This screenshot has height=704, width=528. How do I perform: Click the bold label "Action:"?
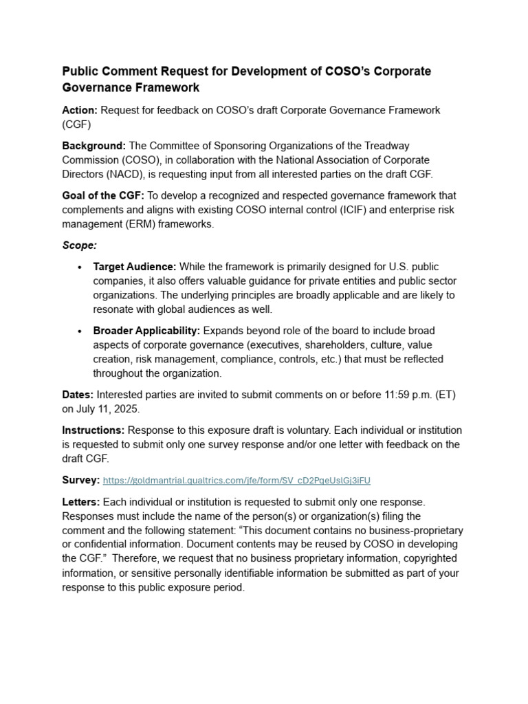pyautogui.click(x=80, y=110)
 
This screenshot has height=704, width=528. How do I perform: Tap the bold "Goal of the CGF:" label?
pyautogui.click(x=103, y=196)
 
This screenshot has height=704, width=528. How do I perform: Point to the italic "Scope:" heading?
pyautogui.click(x=80, y=245)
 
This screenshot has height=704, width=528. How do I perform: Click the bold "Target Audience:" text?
pyautogui.click(x=135, y=267)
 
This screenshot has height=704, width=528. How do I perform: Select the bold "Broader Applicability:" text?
pyautogui.click(x=146, y=331)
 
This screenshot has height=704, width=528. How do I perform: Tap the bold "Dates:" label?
pyautogui.click(x=78, y=395)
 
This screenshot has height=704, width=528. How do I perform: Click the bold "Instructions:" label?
pyautogui.click(x=93, y=430)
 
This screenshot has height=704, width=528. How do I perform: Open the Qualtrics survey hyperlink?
pyautogui.click(x=236, y=481)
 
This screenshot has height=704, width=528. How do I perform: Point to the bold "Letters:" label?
pyautogui.click(x=81, y=502)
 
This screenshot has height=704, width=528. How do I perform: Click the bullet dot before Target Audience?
pyautogui.click(x=80, y=267)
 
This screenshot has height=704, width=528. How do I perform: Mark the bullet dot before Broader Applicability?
pyautogui.click(x=80, y=331)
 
